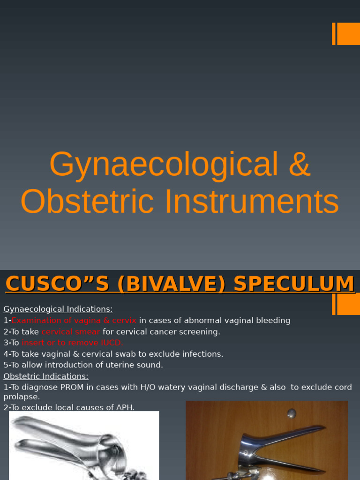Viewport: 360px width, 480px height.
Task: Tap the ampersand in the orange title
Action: pos(300,164)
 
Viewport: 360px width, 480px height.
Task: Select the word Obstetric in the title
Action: pos(87,202)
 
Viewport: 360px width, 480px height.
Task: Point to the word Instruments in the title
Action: pos(252,202)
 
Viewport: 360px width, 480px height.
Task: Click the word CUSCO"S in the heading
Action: pos(57,284)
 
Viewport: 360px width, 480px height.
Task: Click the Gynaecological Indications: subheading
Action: pos(58,309)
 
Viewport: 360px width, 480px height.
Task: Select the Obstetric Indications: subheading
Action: pos(46,376)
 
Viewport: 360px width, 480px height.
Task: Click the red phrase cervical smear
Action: pos(71,331)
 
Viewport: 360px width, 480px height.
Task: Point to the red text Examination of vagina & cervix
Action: pos(74,320)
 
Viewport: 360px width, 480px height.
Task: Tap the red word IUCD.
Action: pos(112,343)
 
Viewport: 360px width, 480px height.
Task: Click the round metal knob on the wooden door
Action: pos(292,413)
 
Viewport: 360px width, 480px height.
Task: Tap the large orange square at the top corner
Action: pos(348,34)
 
